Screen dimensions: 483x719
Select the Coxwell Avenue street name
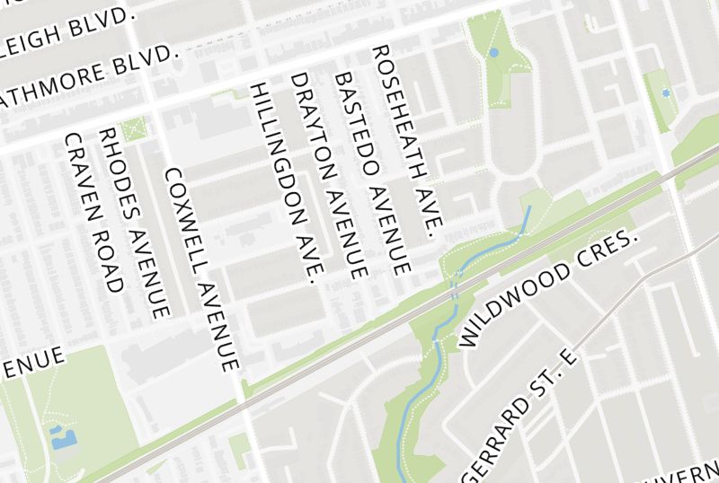coord(204,269)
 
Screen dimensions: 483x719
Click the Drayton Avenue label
coord(329,175)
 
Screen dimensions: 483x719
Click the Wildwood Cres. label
coord(547,288)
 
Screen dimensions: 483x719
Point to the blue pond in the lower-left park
coord(64,439)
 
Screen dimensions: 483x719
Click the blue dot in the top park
coord(493,53)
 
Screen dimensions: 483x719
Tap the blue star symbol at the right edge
coord(665,92)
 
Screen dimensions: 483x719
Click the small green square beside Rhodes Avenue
coord(135,130)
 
